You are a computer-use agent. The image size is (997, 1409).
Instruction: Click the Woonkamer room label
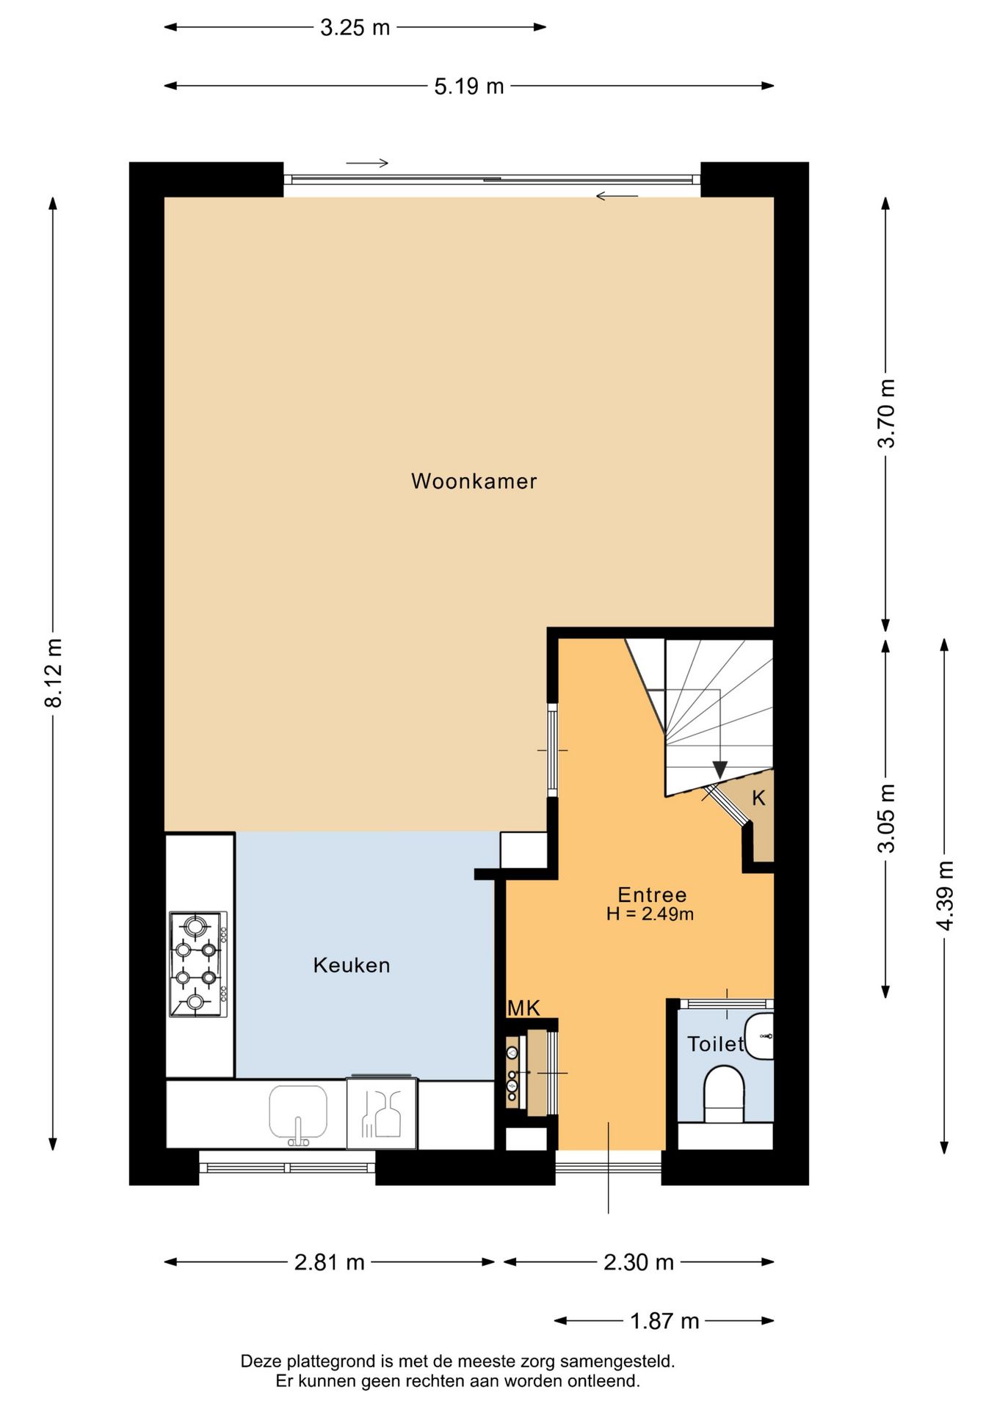474,481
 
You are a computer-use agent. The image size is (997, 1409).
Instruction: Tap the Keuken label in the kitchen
352,965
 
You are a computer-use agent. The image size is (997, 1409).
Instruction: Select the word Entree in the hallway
652,895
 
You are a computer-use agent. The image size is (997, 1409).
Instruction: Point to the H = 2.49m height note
650,914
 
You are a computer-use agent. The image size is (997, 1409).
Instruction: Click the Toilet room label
715,1044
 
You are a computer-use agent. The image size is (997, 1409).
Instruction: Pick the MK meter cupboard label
523,1008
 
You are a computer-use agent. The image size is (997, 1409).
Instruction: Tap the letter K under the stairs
758,798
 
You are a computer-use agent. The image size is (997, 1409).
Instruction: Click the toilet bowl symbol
724,1094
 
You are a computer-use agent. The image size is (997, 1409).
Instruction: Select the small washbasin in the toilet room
760,1036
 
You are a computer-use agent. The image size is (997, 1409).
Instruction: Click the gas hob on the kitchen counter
198,964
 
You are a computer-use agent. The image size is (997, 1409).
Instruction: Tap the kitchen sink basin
298,1113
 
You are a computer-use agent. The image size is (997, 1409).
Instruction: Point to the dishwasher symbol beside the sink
382,1113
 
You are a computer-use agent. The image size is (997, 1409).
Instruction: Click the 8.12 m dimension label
53,673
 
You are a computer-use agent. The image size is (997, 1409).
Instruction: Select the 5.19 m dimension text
469,87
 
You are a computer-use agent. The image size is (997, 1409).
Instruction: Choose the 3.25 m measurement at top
355,28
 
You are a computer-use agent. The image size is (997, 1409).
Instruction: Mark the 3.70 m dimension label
887,413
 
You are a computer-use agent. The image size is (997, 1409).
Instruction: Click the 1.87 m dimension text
664,1321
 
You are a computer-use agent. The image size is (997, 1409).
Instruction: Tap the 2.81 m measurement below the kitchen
330,1262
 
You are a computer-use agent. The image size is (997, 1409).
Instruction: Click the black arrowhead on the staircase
719,770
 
